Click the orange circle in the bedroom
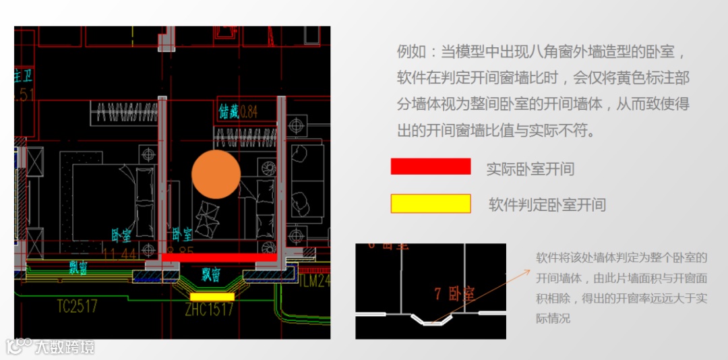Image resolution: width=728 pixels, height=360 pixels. coord(216,175)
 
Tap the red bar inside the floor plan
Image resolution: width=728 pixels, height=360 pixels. coord(219,258)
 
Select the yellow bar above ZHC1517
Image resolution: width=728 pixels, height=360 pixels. coord(212,297)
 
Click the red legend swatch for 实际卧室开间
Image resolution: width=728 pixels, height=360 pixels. coord(431,167)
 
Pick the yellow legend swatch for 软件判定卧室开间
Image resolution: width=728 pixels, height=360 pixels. coord(431,204)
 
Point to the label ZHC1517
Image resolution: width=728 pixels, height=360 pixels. coord(210,309)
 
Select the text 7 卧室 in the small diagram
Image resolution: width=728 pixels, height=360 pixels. coord(455,294)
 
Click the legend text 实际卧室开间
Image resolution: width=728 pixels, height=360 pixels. coord(530,169)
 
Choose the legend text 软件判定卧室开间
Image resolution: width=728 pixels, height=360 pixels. coord(547,205)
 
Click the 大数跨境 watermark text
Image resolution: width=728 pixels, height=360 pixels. coord(65,347)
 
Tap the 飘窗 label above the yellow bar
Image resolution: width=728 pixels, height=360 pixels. coord(211,274)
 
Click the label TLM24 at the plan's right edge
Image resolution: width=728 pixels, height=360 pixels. coord(315,280)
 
